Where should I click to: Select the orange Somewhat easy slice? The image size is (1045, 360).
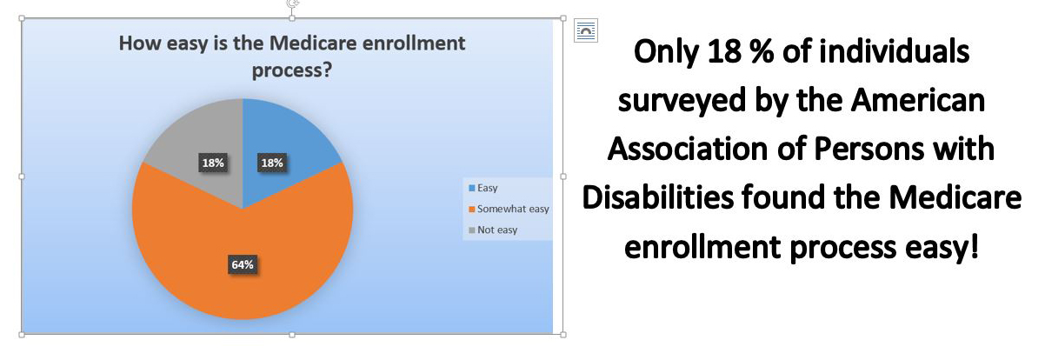(x=243, y=252)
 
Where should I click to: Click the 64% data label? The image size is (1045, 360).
(x=243, y=265)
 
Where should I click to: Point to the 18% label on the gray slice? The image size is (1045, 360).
(x=213, y=163)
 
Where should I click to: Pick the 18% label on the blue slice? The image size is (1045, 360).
(x=272, y=163)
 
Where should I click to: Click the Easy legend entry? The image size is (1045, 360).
(x=483, y=188)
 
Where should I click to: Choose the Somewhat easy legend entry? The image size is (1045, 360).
(x=509, y=209)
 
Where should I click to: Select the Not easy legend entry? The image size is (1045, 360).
(x=493, y=230)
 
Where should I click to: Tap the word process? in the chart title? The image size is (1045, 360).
(x=292, y=70)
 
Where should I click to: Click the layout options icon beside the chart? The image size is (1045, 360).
(x=586, y=30)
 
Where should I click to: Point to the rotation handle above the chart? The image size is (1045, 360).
(x=292, y=3)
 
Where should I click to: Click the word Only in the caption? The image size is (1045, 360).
(x=666, y=51)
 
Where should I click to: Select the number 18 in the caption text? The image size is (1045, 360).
(x=724, y=51)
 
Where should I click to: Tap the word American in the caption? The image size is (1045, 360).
(x=918, y=100)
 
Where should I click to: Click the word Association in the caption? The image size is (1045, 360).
(x=688, y=149)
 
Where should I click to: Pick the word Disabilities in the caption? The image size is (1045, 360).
(x=658, y=197)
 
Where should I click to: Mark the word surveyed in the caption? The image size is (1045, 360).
(x=682, y=101)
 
